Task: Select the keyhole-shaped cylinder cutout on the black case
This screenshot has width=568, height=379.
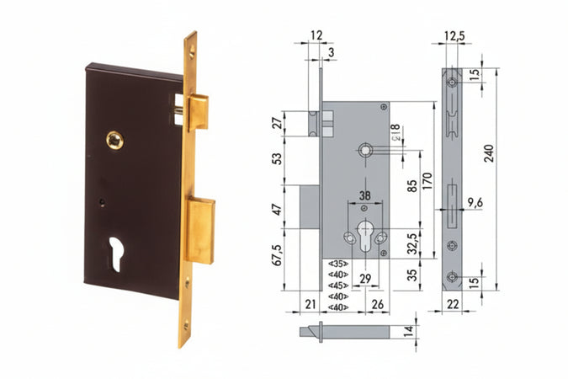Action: pyautogui.click(x=115, y=254)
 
